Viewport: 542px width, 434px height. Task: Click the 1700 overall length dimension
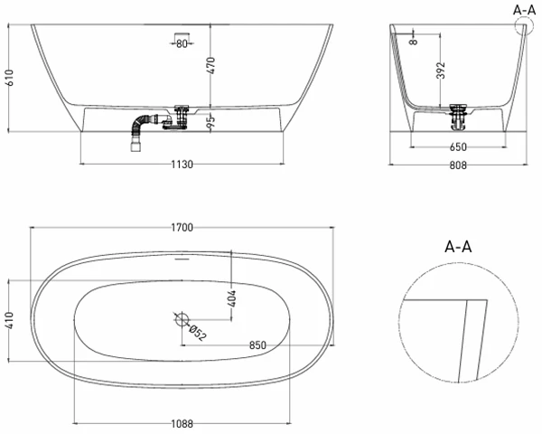182,227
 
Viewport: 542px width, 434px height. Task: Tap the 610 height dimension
9,78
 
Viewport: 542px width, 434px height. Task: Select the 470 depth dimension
210,65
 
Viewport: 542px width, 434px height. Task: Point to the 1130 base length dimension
182,164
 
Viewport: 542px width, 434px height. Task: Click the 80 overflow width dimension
182,43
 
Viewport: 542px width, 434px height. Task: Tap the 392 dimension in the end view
441,71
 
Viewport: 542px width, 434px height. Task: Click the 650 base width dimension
458,147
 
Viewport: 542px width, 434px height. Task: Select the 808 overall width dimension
458,165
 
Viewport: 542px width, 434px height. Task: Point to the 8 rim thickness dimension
413,42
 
